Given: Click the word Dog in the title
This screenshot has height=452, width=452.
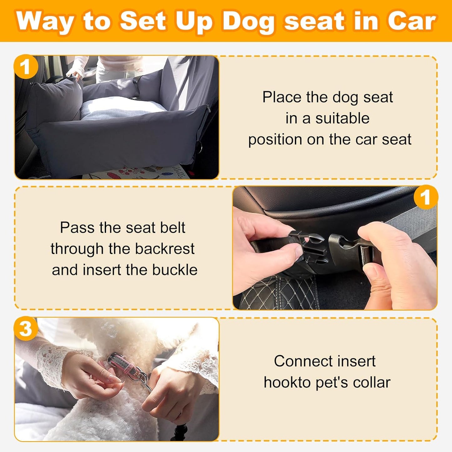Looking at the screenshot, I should [x=248, y=21].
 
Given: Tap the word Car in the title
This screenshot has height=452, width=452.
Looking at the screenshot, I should [x=412, y=21].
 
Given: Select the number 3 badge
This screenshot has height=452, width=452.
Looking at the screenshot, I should [x=26, y=329].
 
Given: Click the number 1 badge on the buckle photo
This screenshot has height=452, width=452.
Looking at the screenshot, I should [x=425, y=197].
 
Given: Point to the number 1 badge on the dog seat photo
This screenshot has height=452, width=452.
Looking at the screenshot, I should [x=26, y=67].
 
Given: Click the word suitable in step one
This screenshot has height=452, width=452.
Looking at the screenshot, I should [x=342, y=119].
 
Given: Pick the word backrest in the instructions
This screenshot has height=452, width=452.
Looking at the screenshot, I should [x=165, y=249].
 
